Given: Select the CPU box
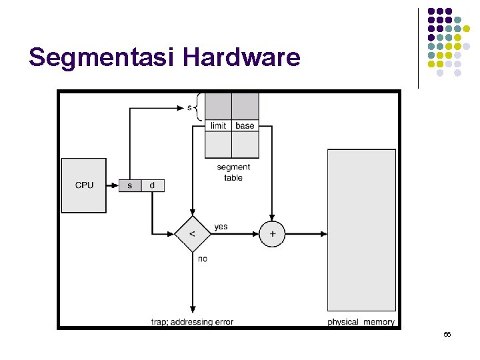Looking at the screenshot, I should coord(84,185).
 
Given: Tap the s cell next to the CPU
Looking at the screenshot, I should coord(130,185).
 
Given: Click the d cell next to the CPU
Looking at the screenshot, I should coord(153,185).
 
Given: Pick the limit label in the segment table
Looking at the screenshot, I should coord(218,125).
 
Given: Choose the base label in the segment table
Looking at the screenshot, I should coord(245,125).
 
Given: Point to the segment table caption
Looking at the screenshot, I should coord(233,173).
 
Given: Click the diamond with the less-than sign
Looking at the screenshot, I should coord(192,234).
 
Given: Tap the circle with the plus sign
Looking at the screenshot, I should coord(272,234).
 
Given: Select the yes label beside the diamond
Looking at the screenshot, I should coord(221,227).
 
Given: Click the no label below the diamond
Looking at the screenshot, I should coord(203,259).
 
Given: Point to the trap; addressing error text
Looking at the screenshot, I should coord(192,322).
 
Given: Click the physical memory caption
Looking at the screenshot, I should coord(361,322).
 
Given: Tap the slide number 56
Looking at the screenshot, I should coord(447,334).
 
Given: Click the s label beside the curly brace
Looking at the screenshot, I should coord(189,107).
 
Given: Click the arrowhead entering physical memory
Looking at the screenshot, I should coord(324,234).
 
